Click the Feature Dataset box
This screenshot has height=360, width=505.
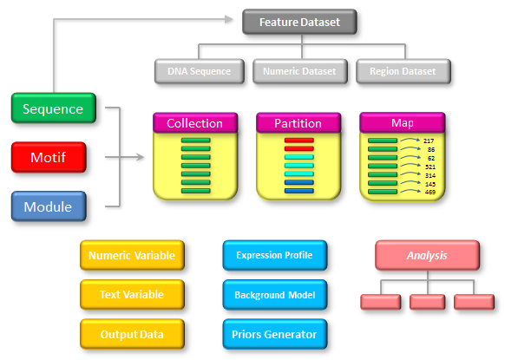pyautogui.click(x=299, y=22)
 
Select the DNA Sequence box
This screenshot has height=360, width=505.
pyautogui.click(x=200, y=71)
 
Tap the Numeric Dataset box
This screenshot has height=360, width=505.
pyautogui.click(x=300, y=71)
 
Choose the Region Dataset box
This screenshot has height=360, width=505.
pyautogui.click(x=403, y=71)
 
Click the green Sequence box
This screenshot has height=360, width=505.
pyautogui.click(x=54, y=108)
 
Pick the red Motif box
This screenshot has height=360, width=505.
pyautogui.click(x=49, y=157)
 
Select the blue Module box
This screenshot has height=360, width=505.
pyautogui.click(x=49, y=206)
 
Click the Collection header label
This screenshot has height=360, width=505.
pyautogui.click(x=195, y=123)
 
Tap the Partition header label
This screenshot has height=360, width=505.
pyautogui.click(x=298, y=123)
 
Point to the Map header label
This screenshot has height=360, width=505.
pyautogui.click(x=403, y=122)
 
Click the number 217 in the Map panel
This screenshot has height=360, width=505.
pyautogui.click(x=429, y=141)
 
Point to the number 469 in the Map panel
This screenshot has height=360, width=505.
pyautogui.click(x=430, y=192)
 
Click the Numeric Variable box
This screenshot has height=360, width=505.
pyautogui.click(x=132, y=255)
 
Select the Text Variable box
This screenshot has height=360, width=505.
pyautogui.click(x=132, y=295)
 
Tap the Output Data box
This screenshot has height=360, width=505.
pyautogui.click(x=132, y=334)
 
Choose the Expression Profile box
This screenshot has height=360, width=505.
pyautogui.click(x=275, y=255)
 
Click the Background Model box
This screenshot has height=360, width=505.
pyautogui.click(x=275, y=295)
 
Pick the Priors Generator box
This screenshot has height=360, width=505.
pyautogui.click(x=275, y=334)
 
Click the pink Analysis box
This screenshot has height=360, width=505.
pyautogui.click(x=427, y=255)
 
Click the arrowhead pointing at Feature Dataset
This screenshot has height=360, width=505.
pyautogui.click(x=229, y=19)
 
